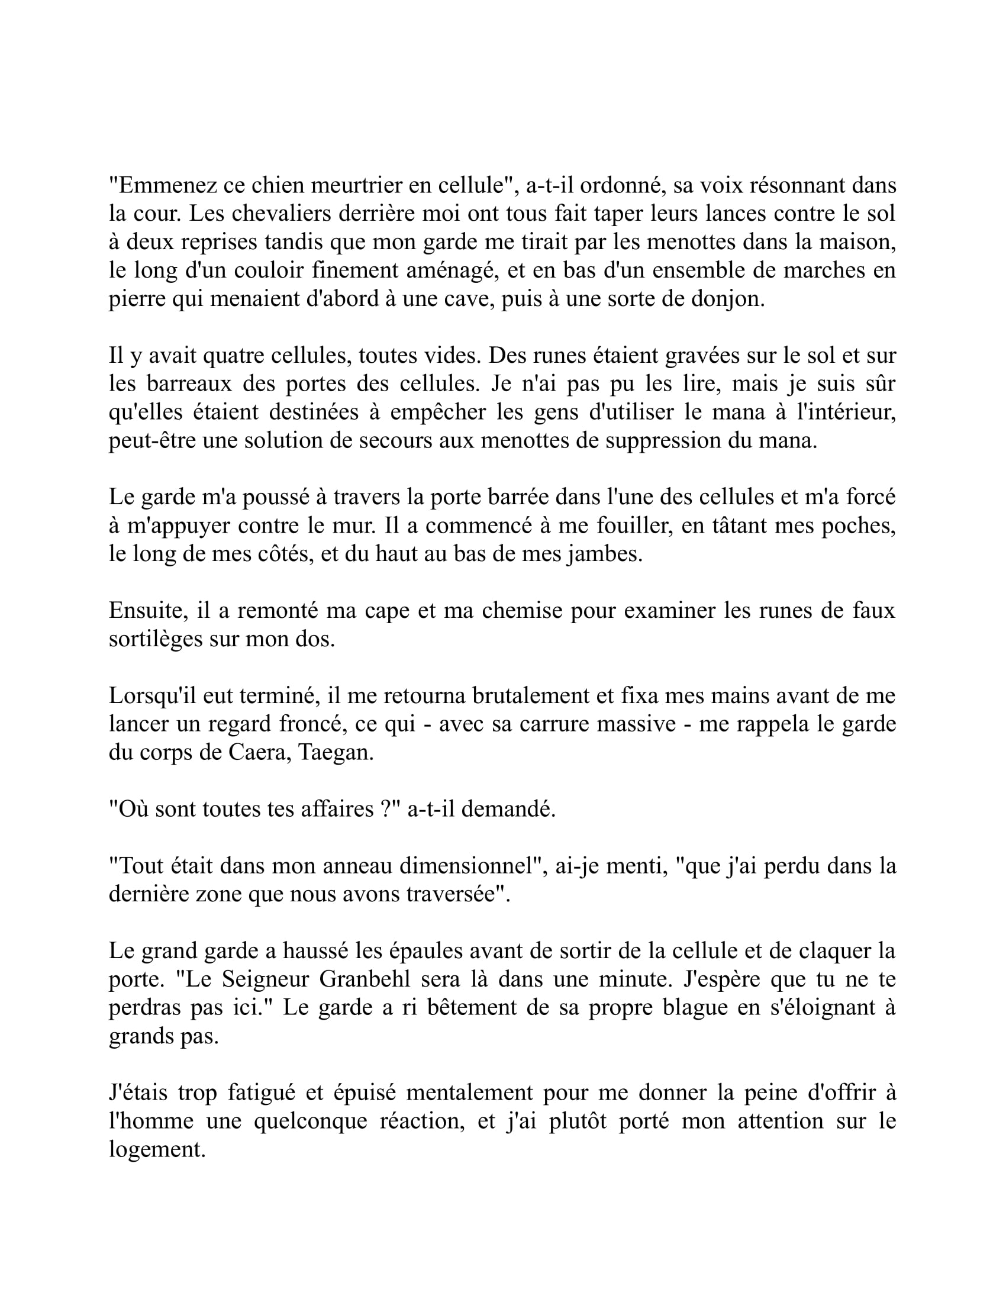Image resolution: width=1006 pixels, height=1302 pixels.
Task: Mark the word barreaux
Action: pos(188,384)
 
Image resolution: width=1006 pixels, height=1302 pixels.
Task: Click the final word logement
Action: pos(157,1150)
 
